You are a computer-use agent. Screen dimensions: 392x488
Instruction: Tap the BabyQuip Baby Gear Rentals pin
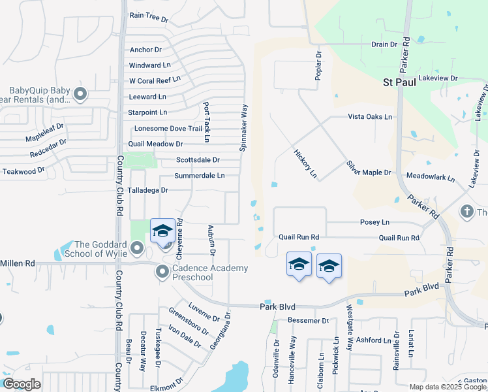pos(81,95)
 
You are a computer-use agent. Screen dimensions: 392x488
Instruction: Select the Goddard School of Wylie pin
pos(136,248)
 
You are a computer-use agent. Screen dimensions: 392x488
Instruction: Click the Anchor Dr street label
pos(145,50)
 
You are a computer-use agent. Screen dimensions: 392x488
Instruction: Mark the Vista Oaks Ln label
pos(370,116)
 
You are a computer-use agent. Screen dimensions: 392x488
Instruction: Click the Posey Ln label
pos(374,222)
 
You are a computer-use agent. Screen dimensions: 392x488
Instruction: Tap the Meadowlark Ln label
pos(431,176)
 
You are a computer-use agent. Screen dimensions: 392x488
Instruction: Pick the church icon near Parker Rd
pos(466,212)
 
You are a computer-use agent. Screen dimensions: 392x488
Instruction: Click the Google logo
pos(21,384)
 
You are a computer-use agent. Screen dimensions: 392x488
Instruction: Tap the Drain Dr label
pos(384,44)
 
